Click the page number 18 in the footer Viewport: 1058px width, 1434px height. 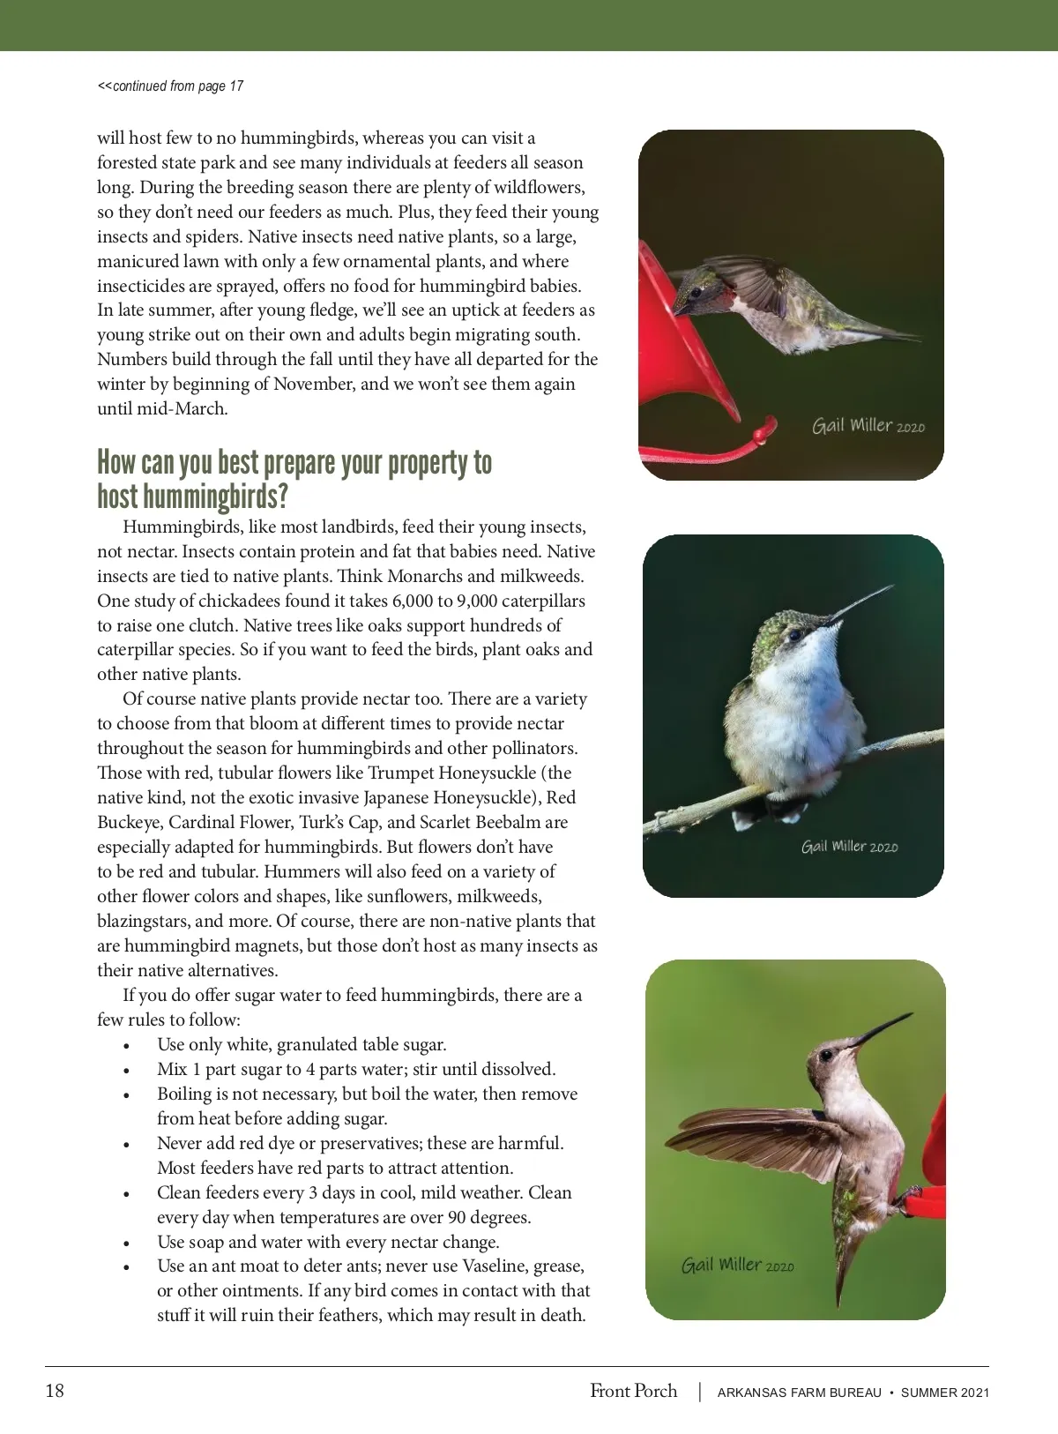(55, 1392)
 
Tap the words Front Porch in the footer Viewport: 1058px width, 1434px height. (633, 1392)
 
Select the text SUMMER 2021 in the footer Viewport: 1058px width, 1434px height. (944, 1393)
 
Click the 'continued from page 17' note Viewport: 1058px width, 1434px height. (170, 86)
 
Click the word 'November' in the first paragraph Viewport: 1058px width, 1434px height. (315, 385)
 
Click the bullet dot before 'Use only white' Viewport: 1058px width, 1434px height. (128, 1046)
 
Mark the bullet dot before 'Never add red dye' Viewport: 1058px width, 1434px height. (128, 1145)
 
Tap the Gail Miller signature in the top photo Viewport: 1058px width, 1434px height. (868, 426)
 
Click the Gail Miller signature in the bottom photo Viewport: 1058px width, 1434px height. (737, 1266)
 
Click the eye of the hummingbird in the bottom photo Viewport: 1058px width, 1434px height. (827, 1054)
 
